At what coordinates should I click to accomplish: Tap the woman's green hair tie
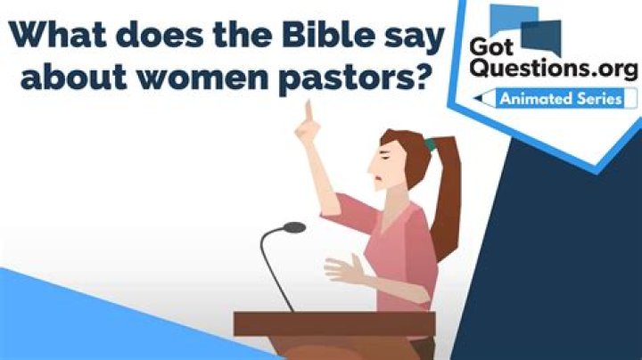(430, 142)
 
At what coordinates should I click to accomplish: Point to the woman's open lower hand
(342, 267)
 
